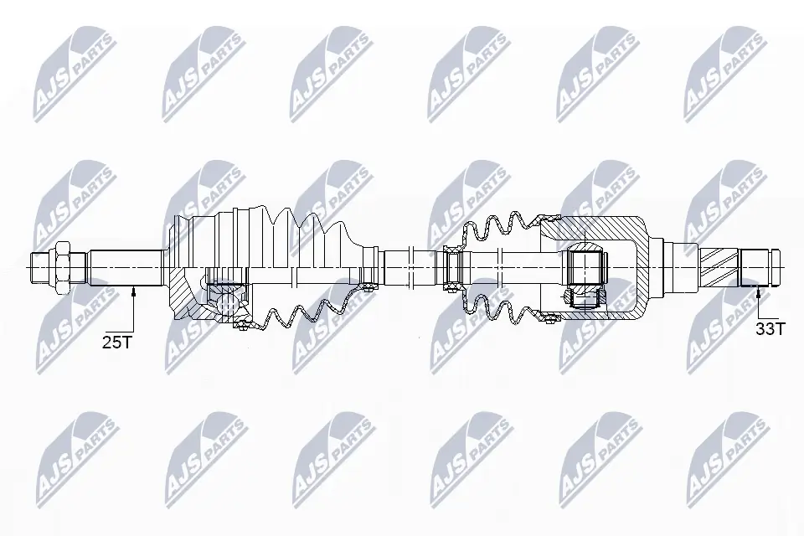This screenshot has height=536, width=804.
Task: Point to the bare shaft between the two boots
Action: point(410,268)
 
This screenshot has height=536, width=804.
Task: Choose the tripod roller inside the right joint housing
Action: point(585,268)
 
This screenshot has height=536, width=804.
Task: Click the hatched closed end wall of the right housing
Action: point(636,268)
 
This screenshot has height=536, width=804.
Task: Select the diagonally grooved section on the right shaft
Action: point(719,268)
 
